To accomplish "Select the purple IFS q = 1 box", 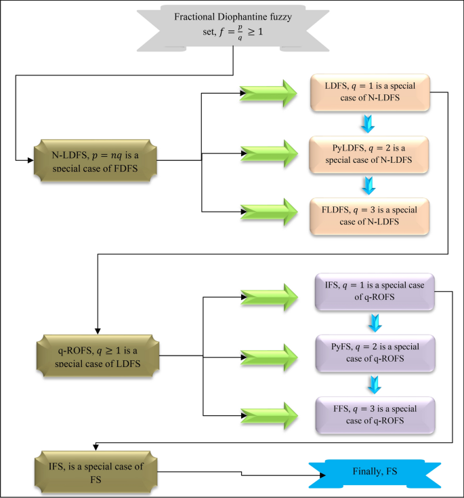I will pyautogui.click(x=375, y=290).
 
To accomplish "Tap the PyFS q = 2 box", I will pyautogui.click(x=375, y=352).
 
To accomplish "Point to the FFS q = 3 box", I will pyautogui.click(x=375, y=415).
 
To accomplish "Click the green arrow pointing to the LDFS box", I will pyautogui.click(x=269, y=93).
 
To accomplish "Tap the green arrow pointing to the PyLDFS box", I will pyautogui.click(x=269, y=153).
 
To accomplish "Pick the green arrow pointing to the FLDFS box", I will pyautogui.click(x=269, y=212).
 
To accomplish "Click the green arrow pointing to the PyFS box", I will pyautogui.click(x=269, y=356).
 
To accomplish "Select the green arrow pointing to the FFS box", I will pyautogui.click(x=269, y=415).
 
